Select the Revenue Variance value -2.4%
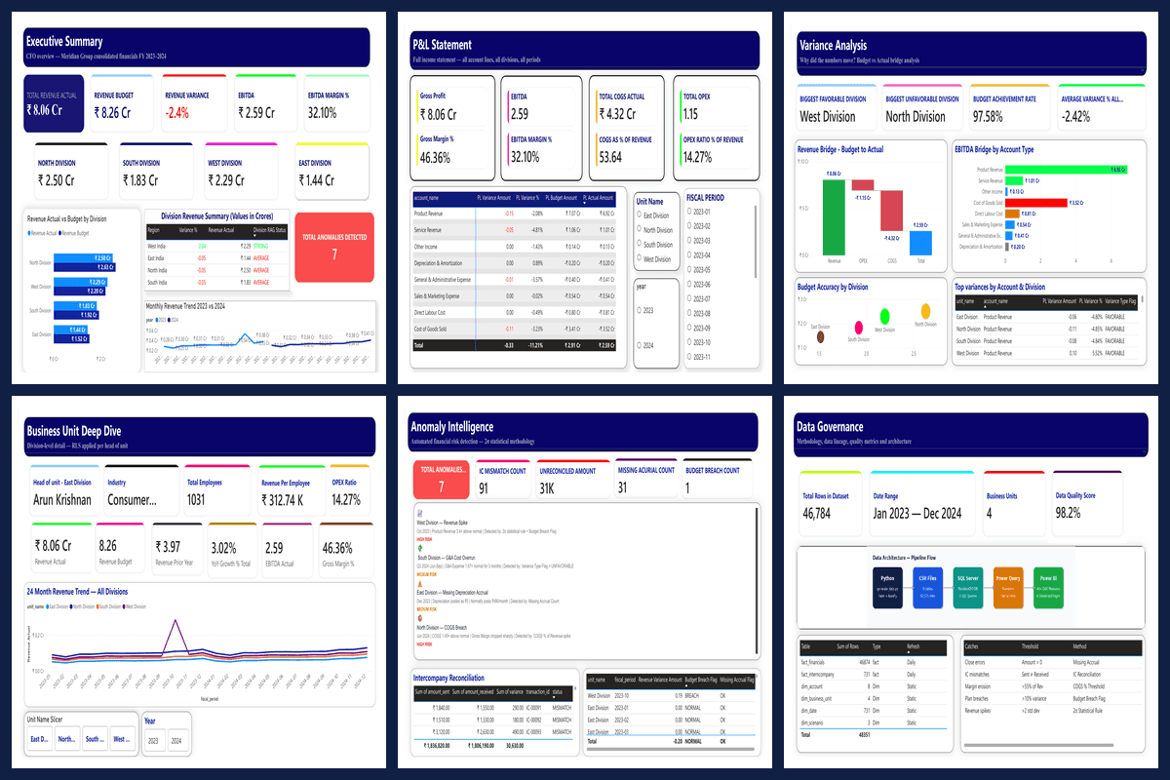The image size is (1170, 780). tap(176, 113)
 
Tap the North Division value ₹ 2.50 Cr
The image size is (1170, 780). tap(57, 180)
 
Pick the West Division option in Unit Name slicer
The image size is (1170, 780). tap(639, 259)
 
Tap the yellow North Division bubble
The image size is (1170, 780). tap(918, 313)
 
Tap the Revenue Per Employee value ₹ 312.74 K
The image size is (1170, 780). tap(284, 500)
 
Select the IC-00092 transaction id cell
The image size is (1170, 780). tap(534, 720)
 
